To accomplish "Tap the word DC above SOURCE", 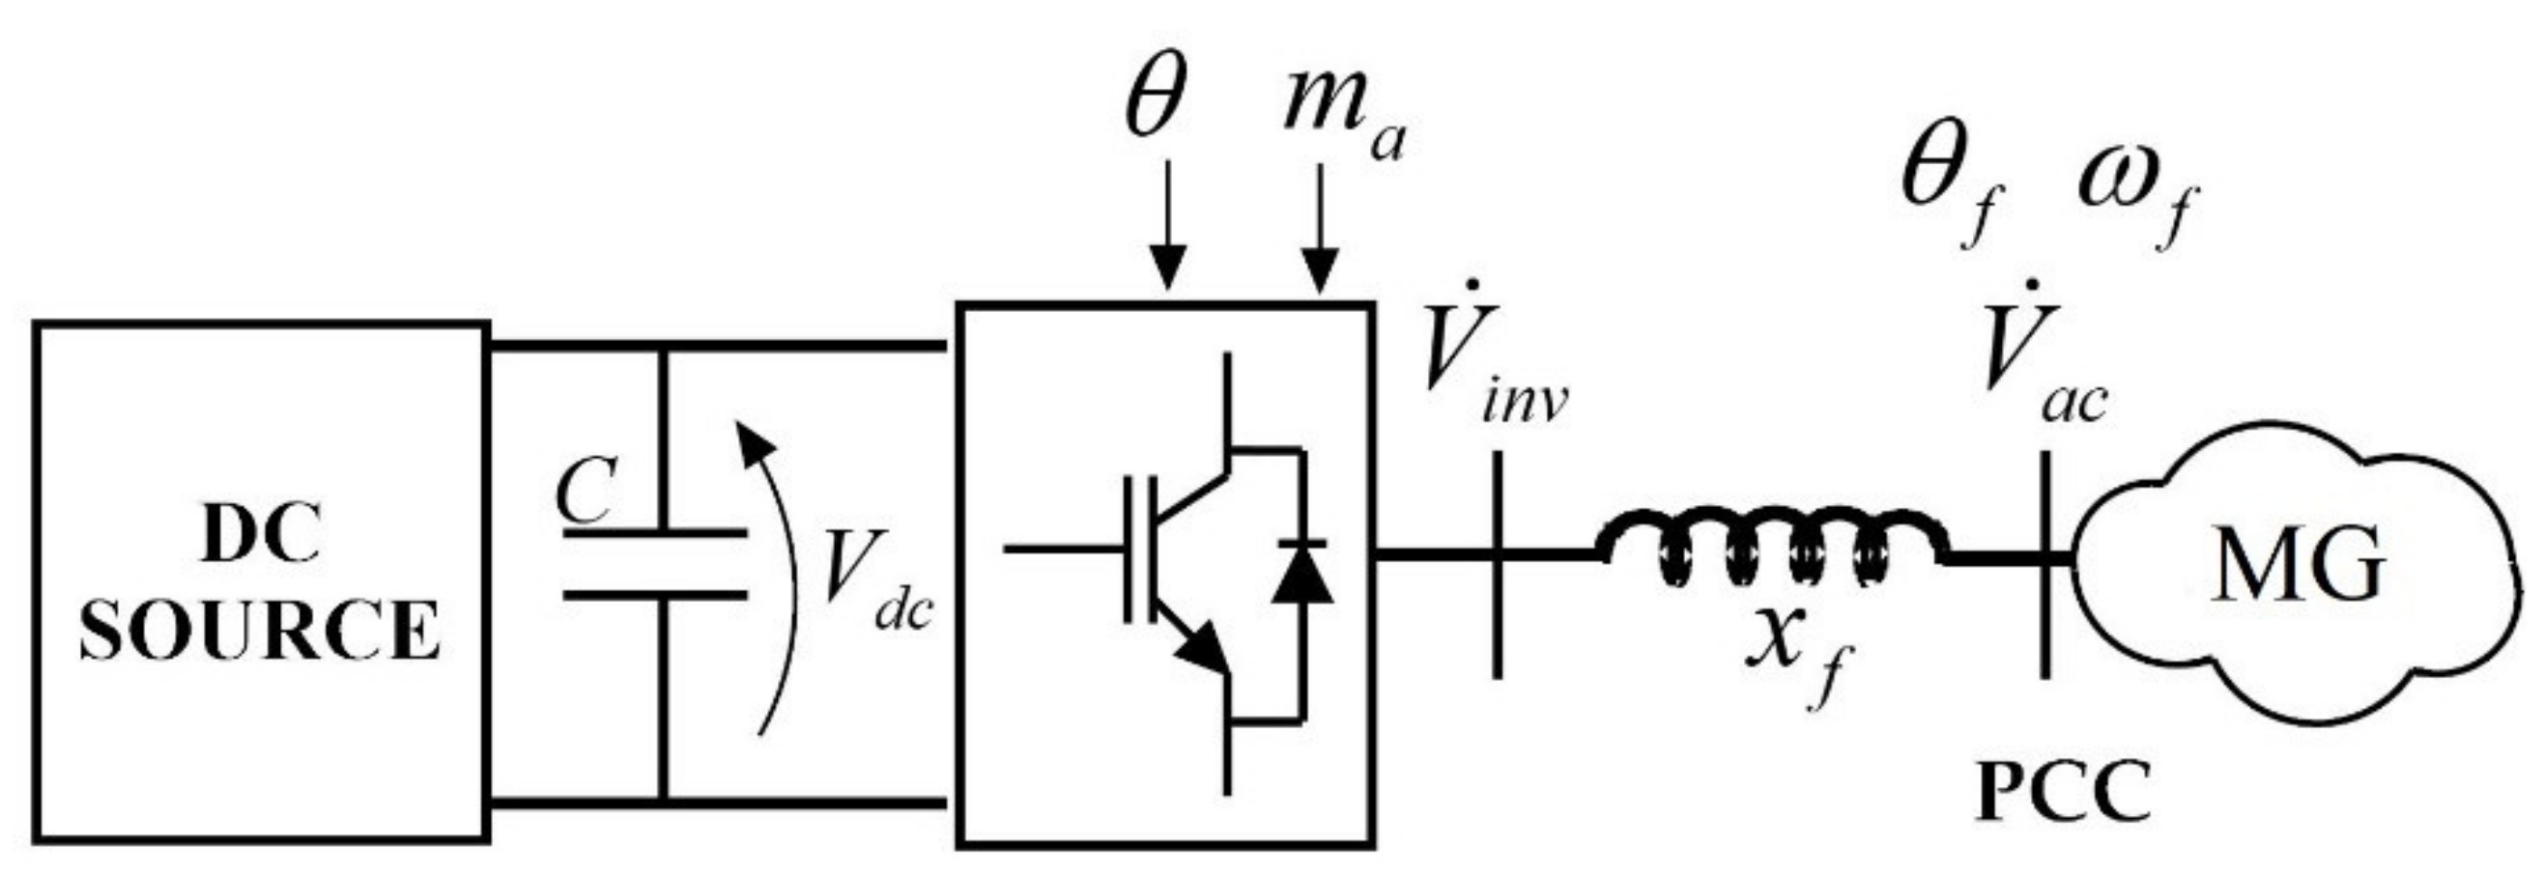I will pos(261,537).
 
